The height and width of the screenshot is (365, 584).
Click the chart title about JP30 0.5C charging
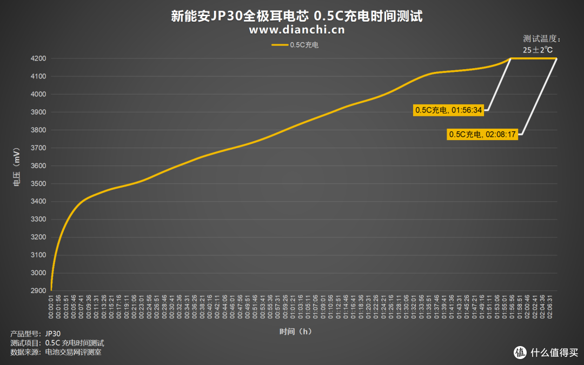tap(296, 16)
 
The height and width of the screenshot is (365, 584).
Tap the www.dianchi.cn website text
tap(296, 30)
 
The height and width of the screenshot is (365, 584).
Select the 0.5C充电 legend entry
tap(295, 45)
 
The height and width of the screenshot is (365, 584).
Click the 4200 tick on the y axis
tap(38, 58)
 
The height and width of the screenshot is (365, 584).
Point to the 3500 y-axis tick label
tap(38, 184)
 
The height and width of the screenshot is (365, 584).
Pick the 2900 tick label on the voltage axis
tap(38, 291)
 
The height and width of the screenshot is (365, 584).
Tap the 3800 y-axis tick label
tap(38, 130)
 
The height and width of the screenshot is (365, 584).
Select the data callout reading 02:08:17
tap(482, 135)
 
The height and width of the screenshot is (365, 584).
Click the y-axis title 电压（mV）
tap(16, 166)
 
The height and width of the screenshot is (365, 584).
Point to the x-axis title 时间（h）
tap(296, 331)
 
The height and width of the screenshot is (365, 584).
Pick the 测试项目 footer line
tap(57, 343)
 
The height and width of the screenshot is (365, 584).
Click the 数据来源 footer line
tap(56, 353)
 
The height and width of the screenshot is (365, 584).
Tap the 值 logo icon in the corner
tap(520, 353)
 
